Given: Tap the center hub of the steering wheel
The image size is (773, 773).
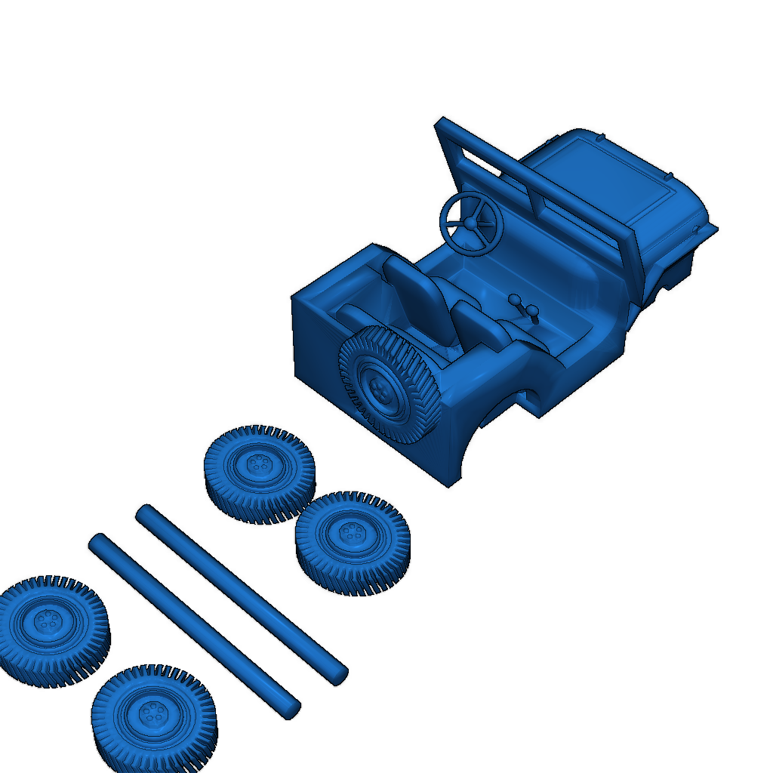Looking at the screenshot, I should click(470, 223).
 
